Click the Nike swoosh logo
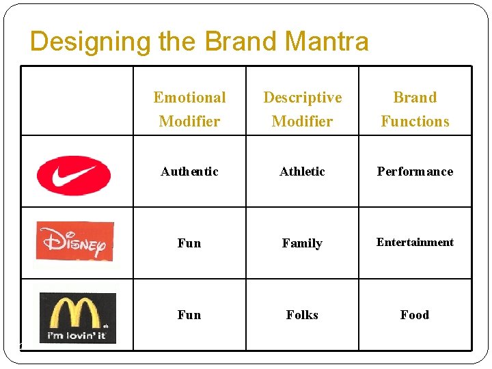(74, 175)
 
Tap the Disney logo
(75, 241)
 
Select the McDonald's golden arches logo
(77, 313)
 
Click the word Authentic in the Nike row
(189, 172)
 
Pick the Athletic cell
(302, 172)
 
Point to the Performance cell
(415, 172)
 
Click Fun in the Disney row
(189, 243)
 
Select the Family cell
(302, 243)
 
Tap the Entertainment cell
(415, 242)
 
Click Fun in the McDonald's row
(189, 315)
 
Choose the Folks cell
(302, 315)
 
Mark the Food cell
(415, 315)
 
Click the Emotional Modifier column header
(189, 109)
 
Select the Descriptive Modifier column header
(302, 109)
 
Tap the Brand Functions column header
(415, 109)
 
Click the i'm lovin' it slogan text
(77, 336)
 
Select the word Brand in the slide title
(237, 42)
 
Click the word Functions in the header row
(415, 122)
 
